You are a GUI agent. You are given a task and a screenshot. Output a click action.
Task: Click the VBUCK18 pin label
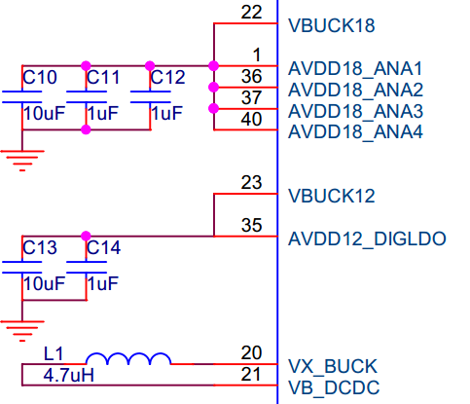pos(332,25)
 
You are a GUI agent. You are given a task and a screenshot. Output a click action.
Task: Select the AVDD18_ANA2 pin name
pos(355,90)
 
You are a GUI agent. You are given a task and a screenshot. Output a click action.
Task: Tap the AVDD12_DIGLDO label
pos(367,239)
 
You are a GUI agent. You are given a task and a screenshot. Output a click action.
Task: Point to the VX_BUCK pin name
pos(333,366)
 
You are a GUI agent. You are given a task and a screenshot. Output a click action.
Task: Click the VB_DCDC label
pos(334,387)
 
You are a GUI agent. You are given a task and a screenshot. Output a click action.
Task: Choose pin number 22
pos(251,13)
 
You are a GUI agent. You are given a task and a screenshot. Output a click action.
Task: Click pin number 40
pos(251,119)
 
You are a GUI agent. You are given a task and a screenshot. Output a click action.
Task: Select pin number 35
pos(251,225)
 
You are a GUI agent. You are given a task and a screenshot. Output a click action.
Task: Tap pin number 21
pos(251,374)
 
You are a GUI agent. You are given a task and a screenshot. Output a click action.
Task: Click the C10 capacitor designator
pos(40,77)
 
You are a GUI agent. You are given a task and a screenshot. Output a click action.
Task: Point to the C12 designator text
pos(168,77)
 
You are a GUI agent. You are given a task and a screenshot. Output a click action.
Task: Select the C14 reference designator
pos(104,247)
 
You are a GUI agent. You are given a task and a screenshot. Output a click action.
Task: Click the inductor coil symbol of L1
pos(128,359)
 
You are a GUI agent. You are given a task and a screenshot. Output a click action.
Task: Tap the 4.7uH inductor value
pos(69,376)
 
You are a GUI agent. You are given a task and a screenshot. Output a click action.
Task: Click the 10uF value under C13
pos(44,283)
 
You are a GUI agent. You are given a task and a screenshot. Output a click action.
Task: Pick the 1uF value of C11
pos(103,113)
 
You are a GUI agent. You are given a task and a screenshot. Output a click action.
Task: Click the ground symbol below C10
pos(22,161)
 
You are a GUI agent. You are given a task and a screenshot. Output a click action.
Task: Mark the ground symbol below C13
pos(22,331)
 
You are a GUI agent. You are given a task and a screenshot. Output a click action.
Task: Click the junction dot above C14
pos(86,236)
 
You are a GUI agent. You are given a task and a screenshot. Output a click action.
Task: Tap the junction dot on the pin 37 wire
pos(213,108)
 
